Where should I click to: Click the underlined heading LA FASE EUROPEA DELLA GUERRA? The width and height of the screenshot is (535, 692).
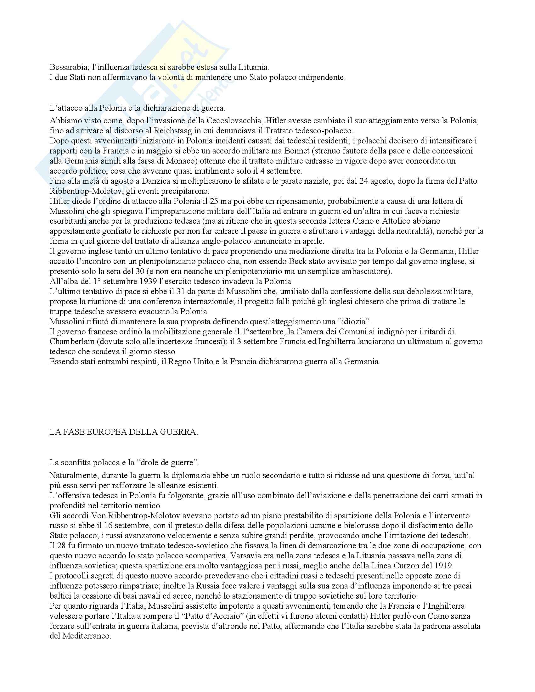click(x=124, y=433)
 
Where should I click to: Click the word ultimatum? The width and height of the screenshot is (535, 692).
click(x=374, y=342)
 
